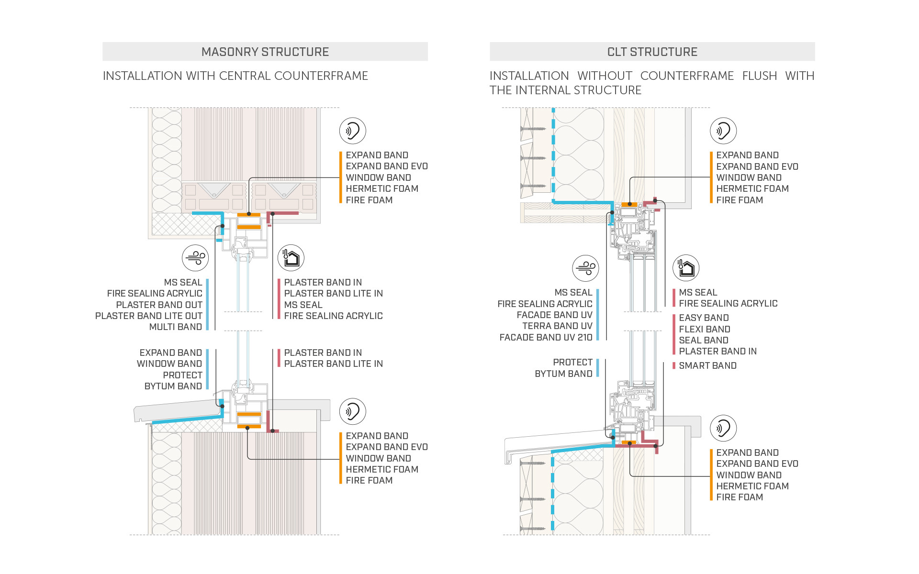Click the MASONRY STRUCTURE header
[265, 52]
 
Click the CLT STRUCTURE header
[652, 52]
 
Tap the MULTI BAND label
[175, 327]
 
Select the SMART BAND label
[707, 366]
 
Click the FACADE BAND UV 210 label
[546, 338]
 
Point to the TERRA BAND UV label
[557, 326]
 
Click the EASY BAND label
[704, 318]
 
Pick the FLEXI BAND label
[704, 330]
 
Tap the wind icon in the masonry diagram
[195, 258]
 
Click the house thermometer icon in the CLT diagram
[686, 268]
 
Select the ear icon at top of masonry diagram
[353, 131]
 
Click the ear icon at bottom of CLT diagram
[723, 428]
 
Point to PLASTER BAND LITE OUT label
[148, 316]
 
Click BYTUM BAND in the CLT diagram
[563, 374]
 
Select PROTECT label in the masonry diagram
[182, 375]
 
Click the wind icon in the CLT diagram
[586, 268]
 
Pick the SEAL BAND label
[703, 341]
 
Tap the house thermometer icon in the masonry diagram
[291, 258]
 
